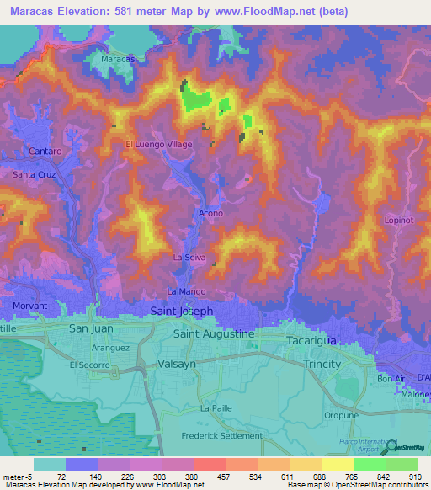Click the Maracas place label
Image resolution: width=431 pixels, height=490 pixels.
tap(118, 60)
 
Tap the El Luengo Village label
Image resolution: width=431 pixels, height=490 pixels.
tap(159, 145)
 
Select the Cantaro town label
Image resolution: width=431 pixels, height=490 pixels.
tap(45, 151)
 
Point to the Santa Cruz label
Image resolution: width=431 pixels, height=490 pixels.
tap(35, 174)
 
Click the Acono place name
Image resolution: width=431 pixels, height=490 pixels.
tap(210, 214)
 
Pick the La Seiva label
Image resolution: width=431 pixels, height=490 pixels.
tap(189, 256)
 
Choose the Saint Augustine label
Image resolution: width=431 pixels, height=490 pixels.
tap(213, 334)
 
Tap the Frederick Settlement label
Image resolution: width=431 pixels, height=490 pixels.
tap(222, 435)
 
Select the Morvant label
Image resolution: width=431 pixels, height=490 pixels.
tap(29, 305)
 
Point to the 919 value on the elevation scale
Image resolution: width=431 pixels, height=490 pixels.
tap(415, 476)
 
